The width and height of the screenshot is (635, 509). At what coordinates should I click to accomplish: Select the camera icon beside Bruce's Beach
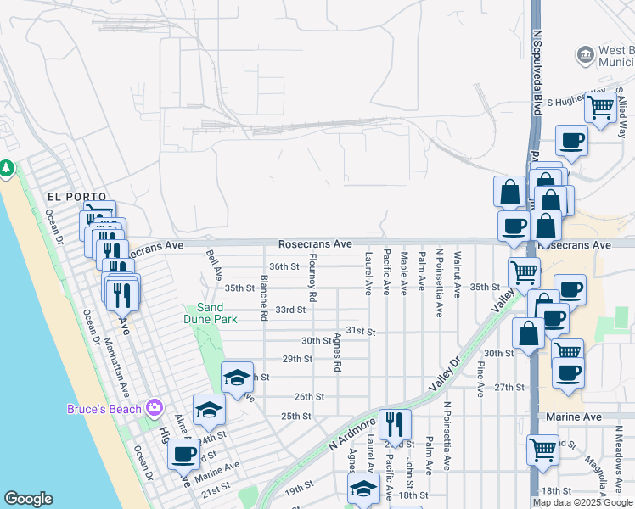tap(154, 408)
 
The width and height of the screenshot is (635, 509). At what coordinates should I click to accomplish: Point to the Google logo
tap(28, 499)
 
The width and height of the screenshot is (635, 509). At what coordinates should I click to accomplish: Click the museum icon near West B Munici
tap(585, 56)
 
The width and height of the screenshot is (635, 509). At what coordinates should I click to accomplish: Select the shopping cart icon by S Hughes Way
tap(601, 108)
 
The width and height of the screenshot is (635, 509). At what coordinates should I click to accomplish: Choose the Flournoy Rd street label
tap(313, 277)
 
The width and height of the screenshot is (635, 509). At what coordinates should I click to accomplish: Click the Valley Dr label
tap(443, 372)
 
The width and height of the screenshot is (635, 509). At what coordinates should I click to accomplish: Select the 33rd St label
tap(290, 310)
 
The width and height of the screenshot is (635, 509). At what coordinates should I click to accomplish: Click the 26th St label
tap(309, 396)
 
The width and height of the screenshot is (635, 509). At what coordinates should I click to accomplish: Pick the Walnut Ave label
tap(457, 274)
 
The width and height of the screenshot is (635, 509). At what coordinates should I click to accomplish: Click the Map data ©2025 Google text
tap(582, 502)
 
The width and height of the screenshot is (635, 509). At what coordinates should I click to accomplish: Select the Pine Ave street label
tap(480, 379)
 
